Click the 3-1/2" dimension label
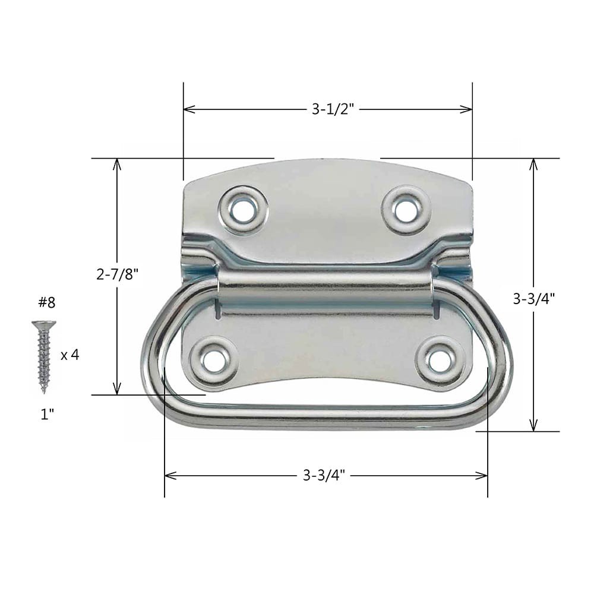coord(333,109)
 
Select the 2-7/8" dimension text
coord(117,274)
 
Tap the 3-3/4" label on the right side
coord(533,299)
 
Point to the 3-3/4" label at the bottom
coord(324,475)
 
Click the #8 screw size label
coord(46,302)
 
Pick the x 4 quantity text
coord(69,355)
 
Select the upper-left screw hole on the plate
coord(242,210)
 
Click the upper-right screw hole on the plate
coord(406,210)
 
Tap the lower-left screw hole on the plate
coord(214,359)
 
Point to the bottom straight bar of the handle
coord(326,414)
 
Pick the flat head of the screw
coord(43,324)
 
